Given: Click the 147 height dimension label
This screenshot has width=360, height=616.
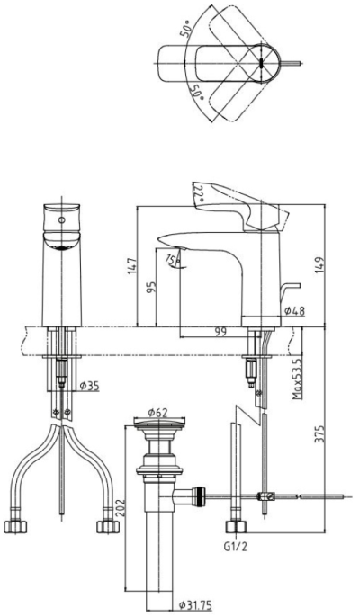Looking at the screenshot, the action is [132, 265].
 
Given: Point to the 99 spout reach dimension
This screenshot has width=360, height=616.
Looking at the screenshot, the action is [220, 332].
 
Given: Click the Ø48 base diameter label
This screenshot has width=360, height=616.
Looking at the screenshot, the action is [294, 311].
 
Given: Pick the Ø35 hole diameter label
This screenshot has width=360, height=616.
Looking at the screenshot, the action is [90, 386].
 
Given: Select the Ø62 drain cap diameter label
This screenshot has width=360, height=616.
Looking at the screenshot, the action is [158, 413].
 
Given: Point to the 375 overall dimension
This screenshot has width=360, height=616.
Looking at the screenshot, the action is [321, 433].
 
